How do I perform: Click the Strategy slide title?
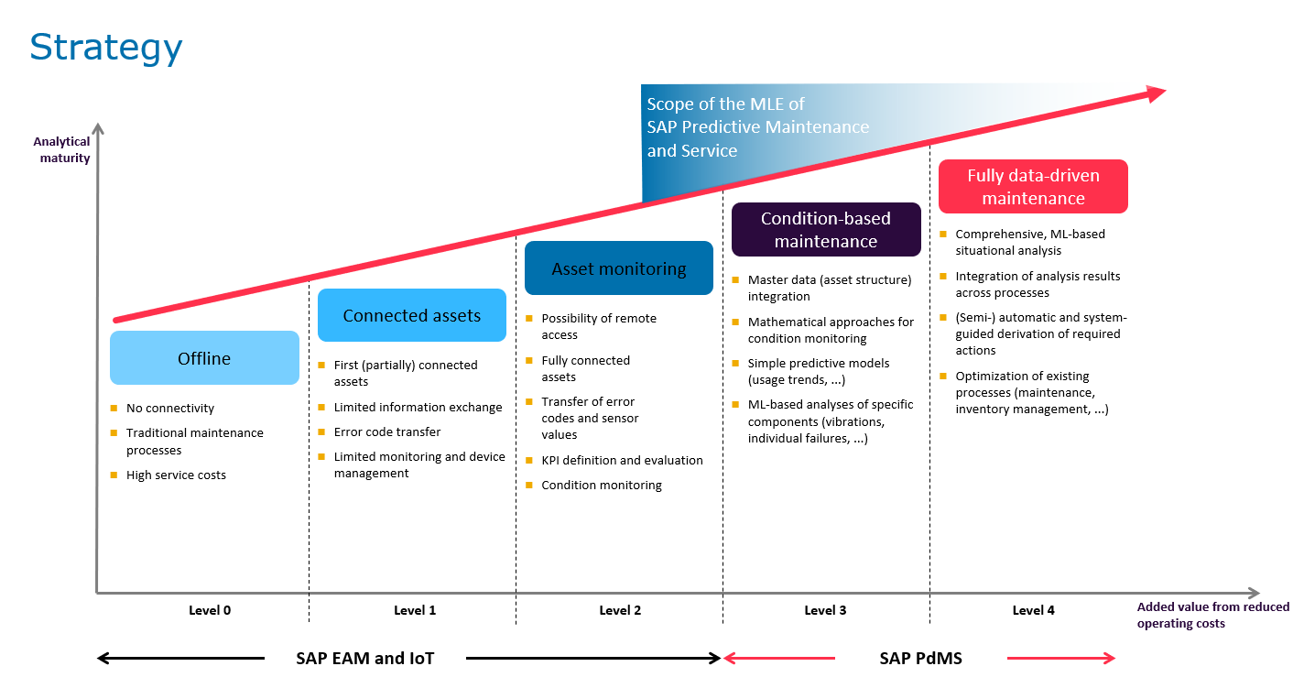point(106,48)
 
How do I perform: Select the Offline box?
point(204,358)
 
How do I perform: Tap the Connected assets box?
point(411,315)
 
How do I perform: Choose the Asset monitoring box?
point(618,268)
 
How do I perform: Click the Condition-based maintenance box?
point(825,230)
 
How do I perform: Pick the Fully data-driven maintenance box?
point(1032,187)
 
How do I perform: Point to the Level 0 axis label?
point(210,611)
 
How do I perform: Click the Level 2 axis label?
point(620,611)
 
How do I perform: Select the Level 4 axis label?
point(1033,611)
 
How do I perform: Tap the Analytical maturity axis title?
point(62,149)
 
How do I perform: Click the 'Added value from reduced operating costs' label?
point(1212,615)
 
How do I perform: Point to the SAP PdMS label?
point(920,658)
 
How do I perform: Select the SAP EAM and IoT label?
point(364,658)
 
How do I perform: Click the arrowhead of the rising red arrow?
point(1156,92)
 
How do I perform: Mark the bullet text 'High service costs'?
point(176,475)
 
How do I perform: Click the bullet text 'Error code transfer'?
point(387,431)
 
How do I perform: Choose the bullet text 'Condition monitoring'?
point(601,486)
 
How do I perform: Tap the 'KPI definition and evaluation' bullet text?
point(622,461)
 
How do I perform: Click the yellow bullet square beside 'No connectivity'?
point(114,408)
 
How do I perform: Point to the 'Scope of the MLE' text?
point(725,104)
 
